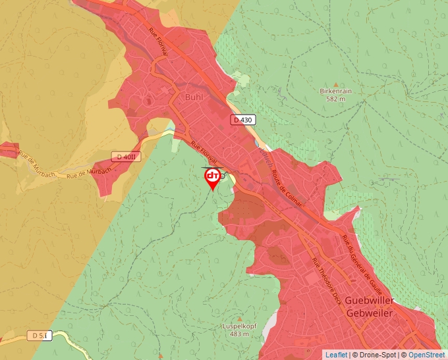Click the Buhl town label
click(x=194, y=97)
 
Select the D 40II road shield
click(x=126, y=157)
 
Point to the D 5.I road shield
click(x=40, y=336)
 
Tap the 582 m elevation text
click(x=335, y=99)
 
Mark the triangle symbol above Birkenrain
click(x=335, y=84)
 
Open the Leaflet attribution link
click(x=336, y=355)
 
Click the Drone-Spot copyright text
click(x=375, y=355)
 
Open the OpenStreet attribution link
click(x=426, y=355)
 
